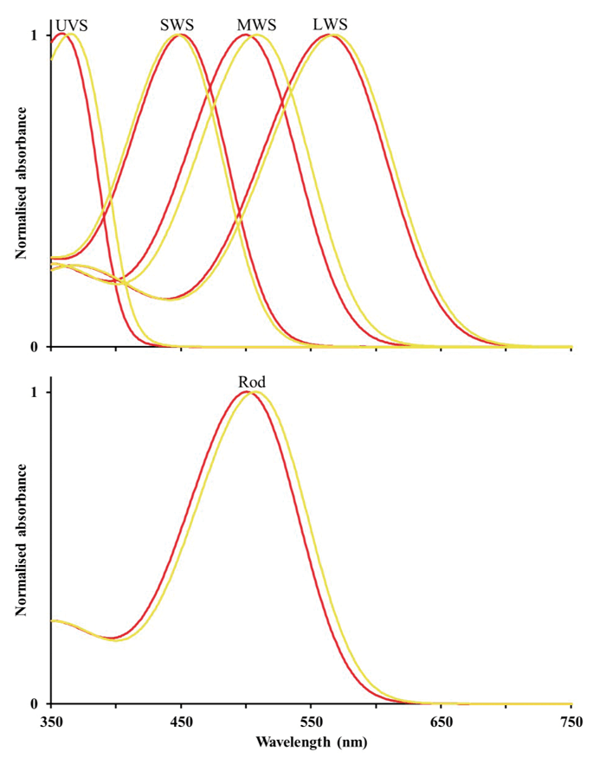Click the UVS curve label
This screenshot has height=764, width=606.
coord(72,25)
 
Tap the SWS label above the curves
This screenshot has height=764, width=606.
coord(177,25)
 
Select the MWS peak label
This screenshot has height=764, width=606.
coord(256,25)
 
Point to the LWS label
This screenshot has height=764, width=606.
coord(330,24)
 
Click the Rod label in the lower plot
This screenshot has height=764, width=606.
coord(252,382)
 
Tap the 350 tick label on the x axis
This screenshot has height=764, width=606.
coord(51,722)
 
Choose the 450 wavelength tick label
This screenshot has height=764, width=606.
coord(181,722)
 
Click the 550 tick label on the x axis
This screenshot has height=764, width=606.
coord(311,722)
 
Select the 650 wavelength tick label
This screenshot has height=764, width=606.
coord(442,722)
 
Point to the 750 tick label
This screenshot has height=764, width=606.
coord(571,722)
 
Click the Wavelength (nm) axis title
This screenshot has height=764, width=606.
coord(311,742)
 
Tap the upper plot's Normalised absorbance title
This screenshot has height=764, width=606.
coord(21,183)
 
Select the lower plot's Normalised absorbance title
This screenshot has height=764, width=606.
coord(21,541)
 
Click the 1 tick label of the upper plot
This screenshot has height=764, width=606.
coord(34,35)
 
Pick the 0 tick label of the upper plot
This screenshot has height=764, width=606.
coord(34,347)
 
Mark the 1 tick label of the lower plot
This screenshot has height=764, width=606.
coord(34,392)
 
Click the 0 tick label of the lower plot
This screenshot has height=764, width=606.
coord(34,704)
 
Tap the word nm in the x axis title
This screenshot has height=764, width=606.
coord(351,743)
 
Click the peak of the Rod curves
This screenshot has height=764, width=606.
coord(249,392)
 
